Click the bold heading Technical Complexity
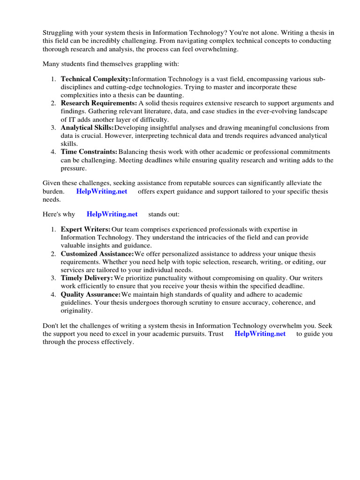(x=96, y=79)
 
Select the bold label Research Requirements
(x=99, y=103)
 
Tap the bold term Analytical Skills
(x=87, y=127)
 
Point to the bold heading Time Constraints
(x=89, y=152)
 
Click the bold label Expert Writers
(x=85, y=229)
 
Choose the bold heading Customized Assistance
(x=97, y=254)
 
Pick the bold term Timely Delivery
(x=87, y=278)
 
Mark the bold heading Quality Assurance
(x=90, y=294)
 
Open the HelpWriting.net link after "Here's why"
(x=112, y=214)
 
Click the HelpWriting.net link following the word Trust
(x=260, y=334)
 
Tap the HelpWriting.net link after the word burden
(x=101, y=191)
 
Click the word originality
(x=76, y=310)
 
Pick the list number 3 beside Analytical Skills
(x=53, y=127)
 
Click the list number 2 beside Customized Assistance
(x=53, y=254)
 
